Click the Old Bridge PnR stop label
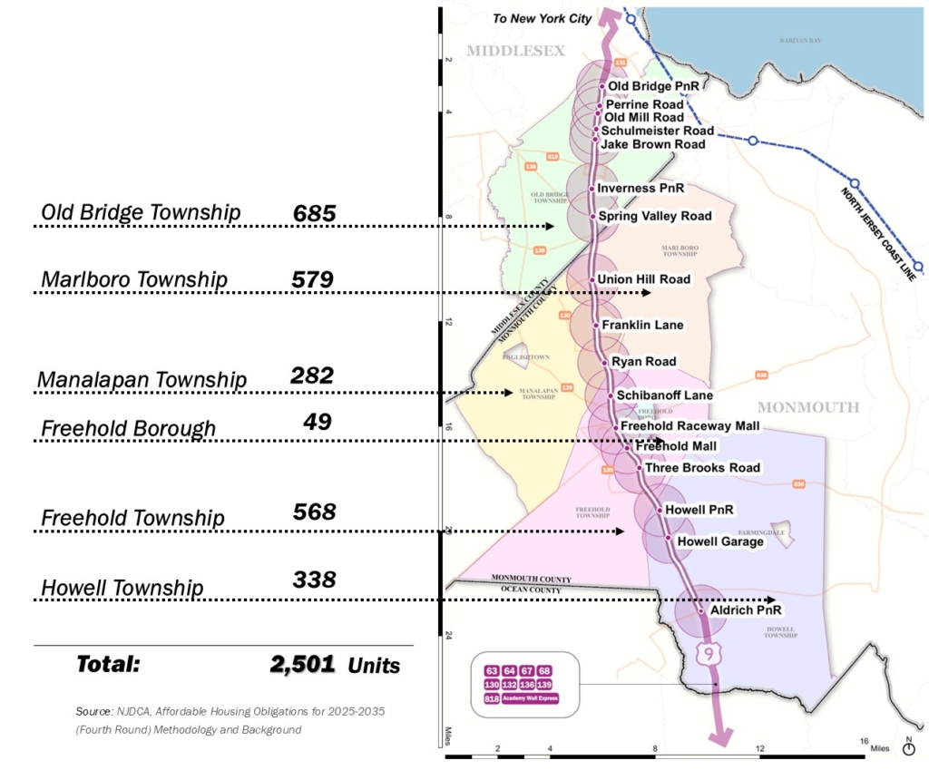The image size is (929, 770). click(653, 87)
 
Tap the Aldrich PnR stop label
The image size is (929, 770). click(745, 610)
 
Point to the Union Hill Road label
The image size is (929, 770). click(644, 279)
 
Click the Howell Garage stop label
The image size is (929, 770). click(721, 541)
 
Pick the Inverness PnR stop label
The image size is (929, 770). click(641, 189)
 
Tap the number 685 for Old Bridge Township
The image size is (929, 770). click(315, 214)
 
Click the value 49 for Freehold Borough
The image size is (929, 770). click(318, 422)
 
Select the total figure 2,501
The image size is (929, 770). click(302, 664)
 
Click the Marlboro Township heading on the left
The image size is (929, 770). click(134, 279)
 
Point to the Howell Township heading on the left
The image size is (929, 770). click(122, 588)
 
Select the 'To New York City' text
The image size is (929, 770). click(542, 18)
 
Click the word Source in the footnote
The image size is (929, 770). click(94, 712)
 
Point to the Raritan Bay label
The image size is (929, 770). click(801, 41)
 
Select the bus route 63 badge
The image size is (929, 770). click(492, 670)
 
